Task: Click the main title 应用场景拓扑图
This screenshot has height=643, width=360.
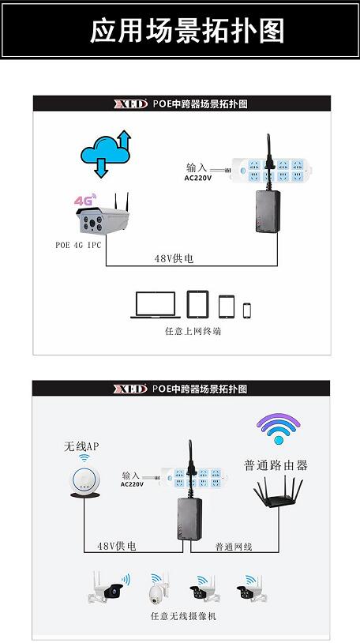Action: (x=187, y=31)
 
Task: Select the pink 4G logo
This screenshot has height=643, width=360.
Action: (x=85, y=200)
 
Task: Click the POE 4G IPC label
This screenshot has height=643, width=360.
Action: (x=78, y=245)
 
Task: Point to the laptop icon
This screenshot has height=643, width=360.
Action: (x=156, y=305)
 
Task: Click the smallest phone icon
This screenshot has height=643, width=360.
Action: (x=247, y=310)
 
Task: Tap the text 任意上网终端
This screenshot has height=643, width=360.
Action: (x=193, y=331)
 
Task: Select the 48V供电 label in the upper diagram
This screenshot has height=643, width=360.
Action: (x=174, y=259)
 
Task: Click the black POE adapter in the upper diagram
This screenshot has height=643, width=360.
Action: (x=268, y=211)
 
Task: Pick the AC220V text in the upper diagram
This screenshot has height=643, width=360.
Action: (x=198, y=179)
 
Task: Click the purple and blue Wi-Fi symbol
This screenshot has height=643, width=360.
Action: (x=279, y=428)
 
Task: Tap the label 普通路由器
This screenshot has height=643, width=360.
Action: (x=276, y=465)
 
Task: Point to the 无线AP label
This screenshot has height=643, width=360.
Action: (x=81, y=446)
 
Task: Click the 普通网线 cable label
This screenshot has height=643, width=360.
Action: (x=234, y=547)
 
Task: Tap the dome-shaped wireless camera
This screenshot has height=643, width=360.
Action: (x=158, y=588)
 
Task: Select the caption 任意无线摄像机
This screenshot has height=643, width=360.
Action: (x=183, y=616)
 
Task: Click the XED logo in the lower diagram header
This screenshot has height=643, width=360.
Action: (x=130, y=389)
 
